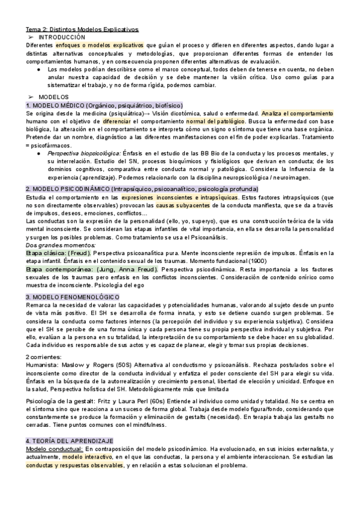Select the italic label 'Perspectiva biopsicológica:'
pyautogui.click(x=83, y=154)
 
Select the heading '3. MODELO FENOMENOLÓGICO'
pyautogui.click(x=72, y=297)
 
